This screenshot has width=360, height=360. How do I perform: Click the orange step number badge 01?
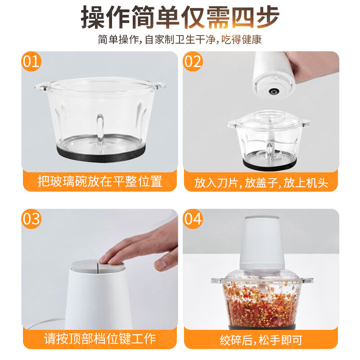click(31, 62)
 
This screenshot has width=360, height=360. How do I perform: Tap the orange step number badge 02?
click(193, 62)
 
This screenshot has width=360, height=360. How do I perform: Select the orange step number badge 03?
click(31, 219)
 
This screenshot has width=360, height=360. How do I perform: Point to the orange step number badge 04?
click(193, 219)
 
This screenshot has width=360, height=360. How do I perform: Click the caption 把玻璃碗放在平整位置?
click(100, 182)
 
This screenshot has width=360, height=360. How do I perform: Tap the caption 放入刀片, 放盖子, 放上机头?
click(261, 182)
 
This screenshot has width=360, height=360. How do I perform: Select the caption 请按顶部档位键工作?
click(100, 338)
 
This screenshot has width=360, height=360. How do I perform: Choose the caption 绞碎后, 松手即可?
click(261, 338)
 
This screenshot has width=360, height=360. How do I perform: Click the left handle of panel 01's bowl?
click(41, 86)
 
